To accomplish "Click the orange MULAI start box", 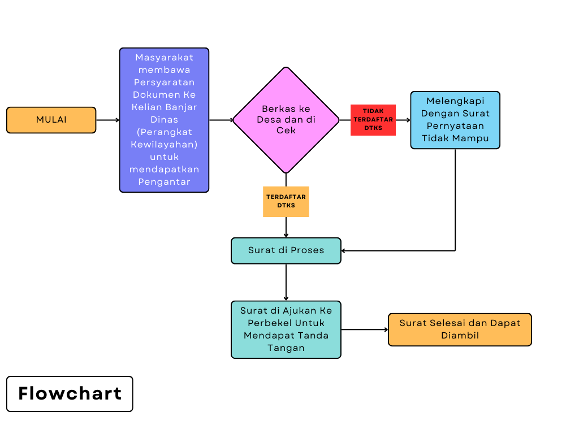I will pos(51,120).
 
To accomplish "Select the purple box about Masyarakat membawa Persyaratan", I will pos(164,120).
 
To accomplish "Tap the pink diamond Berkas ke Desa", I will pos(286,120).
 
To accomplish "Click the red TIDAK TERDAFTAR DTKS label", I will pos(373,120).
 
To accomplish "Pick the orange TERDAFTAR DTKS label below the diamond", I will pos(286,201).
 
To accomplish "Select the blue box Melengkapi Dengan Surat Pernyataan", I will pos(455,120).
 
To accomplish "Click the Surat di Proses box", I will pos(286,250).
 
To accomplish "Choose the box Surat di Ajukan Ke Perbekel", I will pos(286,329).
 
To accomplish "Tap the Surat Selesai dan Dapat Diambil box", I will pos(460,329).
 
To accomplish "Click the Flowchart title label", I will pos(70,394).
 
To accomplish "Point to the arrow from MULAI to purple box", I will pos(107,120).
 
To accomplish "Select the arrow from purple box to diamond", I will pos(221,120).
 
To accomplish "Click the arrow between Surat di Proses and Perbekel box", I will pos(286,282).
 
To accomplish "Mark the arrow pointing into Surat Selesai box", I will pos(365,329).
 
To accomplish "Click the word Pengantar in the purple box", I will pos(164,181).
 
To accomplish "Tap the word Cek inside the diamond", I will pos(286,130).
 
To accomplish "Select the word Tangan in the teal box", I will pos(286,348).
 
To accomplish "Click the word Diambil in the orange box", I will pos(460,336).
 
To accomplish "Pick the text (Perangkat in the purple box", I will pos(164,132).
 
